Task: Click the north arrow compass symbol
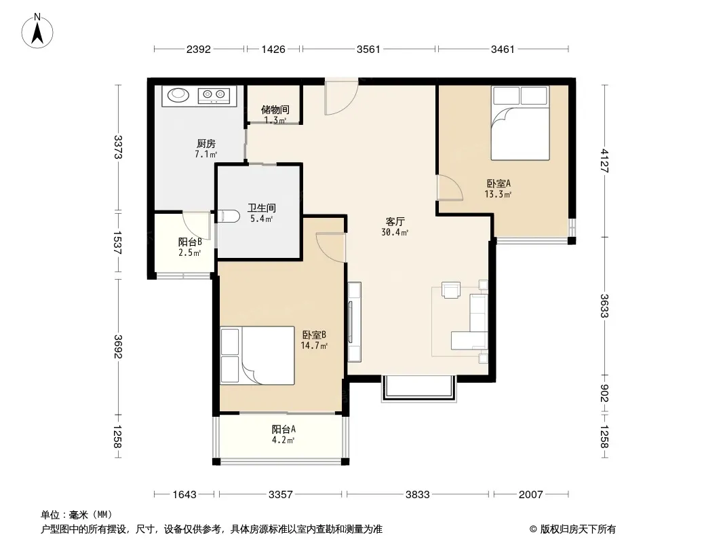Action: click(x=37, y=31)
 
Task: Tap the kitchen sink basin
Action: click(x=178, y=95)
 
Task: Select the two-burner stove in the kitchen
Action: click(x=214, y=96)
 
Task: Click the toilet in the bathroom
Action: click(x=228, y=216)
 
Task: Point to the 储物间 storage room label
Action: click(x=275, y=109)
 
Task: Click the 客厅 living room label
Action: click(x=395, y=221)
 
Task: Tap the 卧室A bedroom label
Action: click(x=499, y=183)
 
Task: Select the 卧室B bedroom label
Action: click(x=314, y=335)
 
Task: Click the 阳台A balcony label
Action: click(x=284, y=429)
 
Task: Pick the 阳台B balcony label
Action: click(x=190, y=242)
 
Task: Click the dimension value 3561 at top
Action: click(x=368, y=49)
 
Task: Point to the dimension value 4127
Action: click(x=604, y=161)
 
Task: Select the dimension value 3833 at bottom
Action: click(x=418, y=495)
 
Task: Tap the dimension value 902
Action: click(x=604, y=393)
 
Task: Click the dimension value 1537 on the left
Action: click(x=117, y=243)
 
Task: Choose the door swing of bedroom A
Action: click(x=450, y=188)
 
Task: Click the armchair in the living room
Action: click(x=451, y=291)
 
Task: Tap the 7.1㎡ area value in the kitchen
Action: click(x=206, y=155)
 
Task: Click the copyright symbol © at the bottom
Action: click(x=533, y=529)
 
